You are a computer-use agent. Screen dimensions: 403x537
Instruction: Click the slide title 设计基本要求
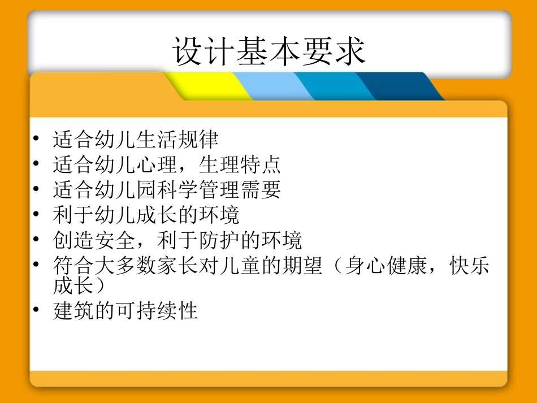coord(269,51)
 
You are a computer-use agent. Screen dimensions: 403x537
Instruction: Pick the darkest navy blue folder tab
coord(396,86)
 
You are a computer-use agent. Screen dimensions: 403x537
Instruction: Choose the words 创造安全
coord(94,241)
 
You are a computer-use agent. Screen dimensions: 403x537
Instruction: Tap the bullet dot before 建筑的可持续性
coord(37,310)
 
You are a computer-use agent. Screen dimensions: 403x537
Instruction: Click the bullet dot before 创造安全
coord(37,240)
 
